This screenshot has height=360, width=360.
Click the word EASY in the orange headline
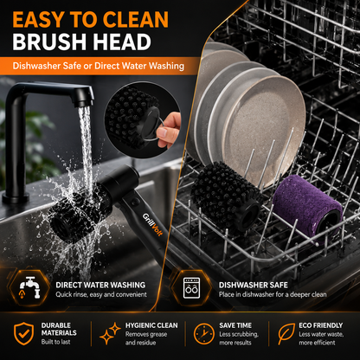[x=39, y=19]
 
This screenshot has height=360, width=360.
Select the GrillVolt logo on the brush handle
[x=152, y=224]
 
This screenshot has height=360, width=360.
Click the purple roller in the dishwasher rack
[x=308, y=205]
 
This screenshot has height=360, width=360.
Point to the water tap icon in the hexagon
[x=29, y=287]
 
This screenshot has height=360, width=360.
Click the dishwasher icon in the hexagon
[x=191, y=287]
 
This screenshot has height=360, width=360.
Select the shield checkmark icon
[x=24, y=333]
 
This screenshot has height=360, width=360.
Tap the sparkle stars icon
[x=110, y=333]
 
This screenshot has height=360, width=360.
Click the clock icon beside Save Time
[x=204, y=334]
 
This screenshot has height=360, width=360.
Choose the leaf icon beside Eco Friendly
[x=286, y=334]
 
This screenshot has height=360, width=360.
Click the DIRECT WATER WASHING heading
[x=100, y=285]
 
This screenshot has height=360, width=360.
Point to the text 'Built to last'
[x=55, y=342]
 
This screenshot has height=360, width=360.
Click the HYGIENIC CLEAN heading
[x=151, y=325]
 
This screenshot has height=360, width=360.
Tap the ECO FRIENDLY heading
[x=321, y=325]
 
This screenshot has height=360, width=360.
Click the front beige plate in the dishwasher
[x=265, y=127]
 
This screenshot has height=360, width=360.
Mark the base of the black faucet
[x=16, y=198]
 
